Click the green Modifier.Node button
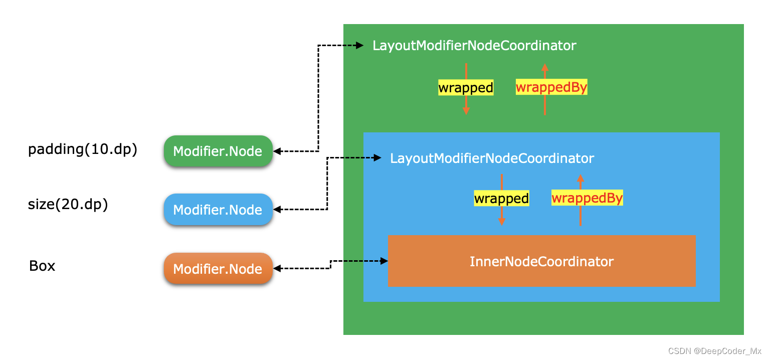tap(218, 151)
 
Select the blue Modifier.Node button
tap(218, 210)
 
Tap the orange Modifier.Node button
tap(218, 269)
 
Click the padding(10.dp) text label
tap(83, 149)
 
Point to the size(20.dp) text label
tap(68, 205)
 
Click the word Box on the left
tap(42, 266)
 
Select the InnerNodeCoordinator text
tap(541, 261)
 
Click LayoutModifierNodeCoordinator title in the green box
tap(474, 46)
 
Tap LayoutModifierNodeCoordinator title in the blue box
tap(492, 158)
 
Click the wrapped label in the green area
tap(466, 88)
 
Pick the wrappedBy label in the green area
tap(551, 88)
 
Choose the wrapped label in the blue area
tap(501, 199)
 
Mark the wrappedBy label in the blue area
tap(587, 199)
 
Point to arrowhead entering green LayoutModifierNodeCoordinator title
tap(359, 46)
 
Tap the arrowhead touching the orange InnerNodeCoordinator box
tap(384, 261)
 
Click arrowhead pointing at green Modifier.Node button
tap(277, 151)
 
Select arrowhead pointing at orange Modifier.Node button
tap(277, 269)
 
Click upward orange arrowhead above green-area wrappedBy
tap(545, 67)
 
